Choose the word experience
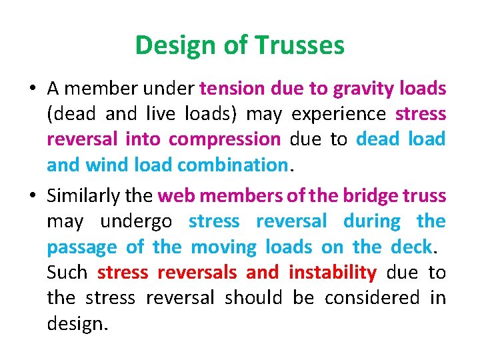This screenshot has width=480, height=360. pyautogui.click(x=339, y=114)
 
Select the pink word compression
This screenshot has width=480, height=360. pyautogui.click(x=225, y=139)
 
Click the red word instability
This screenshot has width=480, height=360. pyautogui.click(x=332, y=273)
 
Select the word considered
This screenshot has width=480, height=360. pyautogui.click(x=377, y=297)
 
